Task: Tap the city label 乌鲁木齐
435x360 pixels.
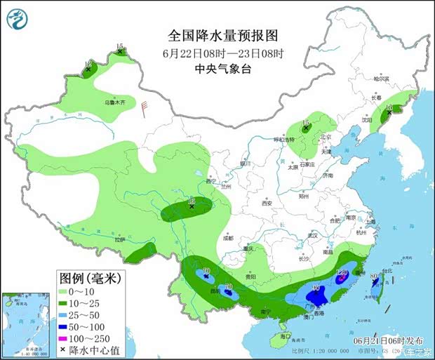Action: point(115,102)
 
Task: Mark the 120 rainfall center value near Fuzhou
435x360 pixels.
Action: point(343,273)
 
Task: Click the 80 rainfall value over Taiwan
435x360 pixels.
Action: point(374,276)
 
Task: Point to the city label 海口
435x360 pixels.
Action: point(283,338)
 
